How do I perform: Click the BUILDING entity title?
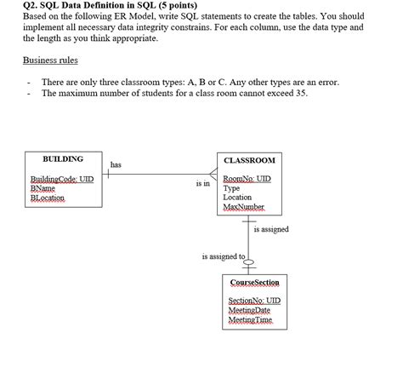coord(63,158)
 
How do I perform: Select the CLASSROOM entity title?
coord(249,160)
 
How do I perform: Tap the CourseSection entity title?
coord(255,282)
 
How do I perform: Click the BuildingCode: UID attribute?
coord(62,179)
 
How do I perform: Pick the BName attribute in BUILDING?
coord(43,188)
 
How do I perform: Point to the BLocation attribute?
coord(48,198)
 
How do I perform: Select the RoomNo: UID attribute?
coord(247,179)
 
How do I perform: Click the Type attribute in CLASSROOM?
coord(231,188)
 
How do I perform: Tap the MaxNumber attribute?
coord(244,208)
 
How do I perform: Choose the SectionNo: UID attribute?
coord(254,301)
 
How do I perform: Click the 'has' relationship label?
coord(116,164)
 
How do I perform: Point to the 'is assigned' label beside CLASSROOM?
coord(271,229)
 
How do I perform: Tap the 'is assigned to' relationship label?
coord(223,256)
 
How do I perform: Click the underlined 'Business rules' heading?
coord(51,60)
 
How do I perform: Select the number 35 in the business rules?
coord(301,92)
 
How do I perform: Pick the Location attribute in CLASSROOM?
coord(238,198)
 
